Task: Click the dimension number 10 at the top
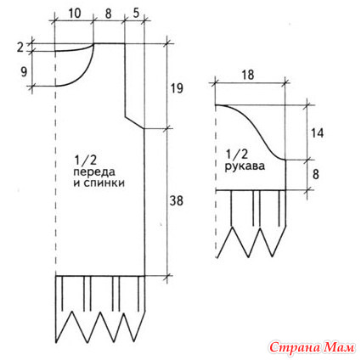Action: [x=74, y=14]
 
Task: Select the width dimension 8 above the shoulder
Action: [x=108, y=14]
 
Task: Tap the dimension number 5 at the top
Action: [x=136, y=14]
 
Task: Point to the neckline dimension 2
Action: [x=20, y=48]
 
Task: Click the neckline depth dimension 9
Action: [x=24, y=72]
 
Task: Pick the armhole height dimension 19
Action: [x=177, y=88]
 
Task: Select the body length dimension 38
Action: [x=177, y=200]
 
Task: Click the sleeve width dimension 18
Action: [x=248, y=76]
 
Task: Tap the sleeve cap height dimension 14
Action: [x=317, y=132]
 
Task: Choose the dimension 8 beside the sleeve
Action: [x=316, y=174]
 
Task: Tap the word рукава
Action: [x=245, y=166]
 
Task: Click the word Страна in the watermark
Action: [x=292, y=346]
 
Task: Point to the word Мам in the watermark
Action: [x=337, y=346]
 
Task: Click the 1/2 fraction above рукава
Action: [x=237, y=155]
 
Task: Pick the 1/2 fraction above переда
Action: [x=86, y=161]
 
